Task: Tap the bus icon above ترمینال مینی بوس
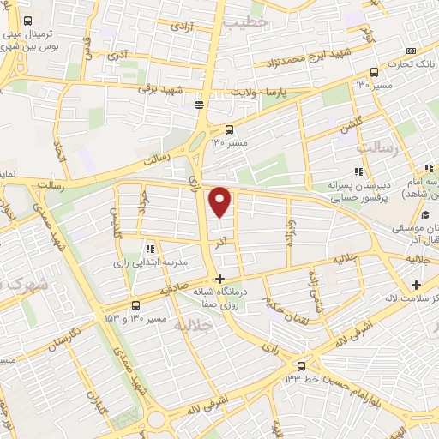point(28,20)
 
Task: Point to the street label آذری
point(115,55)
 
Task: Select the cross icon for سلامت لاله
point(416,284)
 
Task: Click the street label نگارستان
point(63,339)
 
